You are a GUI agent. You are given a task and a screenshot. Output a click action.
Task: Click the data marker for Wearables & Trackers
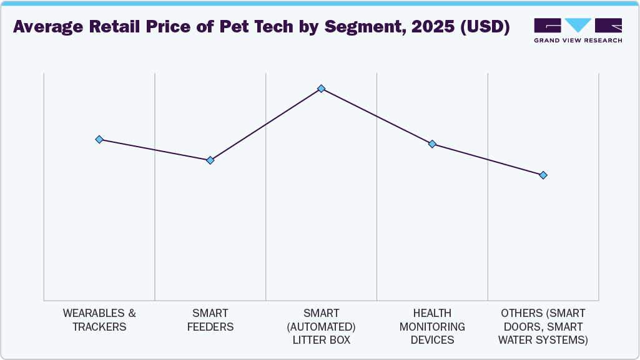point(99,139)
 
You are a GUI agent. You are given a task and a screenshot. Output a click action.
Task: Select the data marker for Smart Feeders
point(210,160)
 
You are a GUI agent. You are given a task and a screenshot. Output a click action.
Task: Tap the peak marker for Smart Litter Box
point(321,89)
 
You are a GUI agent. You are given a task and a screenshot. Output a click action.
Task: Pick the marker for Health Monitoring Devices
point(432,144)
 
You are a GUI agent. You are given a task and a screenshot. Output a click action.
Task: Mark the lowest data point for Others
point(543,175)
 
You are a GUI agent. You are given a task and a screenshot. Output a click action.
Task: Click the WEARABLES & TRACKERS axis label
point(99,320)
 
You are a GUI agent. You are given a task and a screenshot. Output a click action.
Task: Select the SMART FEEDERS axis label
point(210,320)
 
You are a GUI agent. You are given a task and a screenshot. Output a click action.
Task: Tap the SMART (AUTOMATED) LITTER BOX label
point(321,326)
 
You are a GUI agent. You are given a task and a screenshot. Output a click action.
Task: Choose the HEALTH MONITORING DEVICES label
point(432,326)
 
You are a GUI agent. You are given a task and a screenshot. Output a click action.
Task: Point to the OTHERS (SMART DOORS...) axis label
point(543,326)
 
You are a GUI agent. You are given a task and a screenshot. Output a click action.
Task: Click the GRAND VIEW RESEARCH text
point(578,41)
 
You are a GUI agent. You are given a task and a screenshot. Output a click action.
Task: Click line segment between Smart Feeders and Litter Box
point(265,125)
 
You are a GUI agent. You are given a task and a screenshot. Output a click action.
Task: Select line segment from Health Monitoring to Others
point(488,160)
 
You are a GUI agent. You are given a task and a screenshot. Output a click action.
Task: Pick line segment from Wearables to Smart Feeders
point(155,150)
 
